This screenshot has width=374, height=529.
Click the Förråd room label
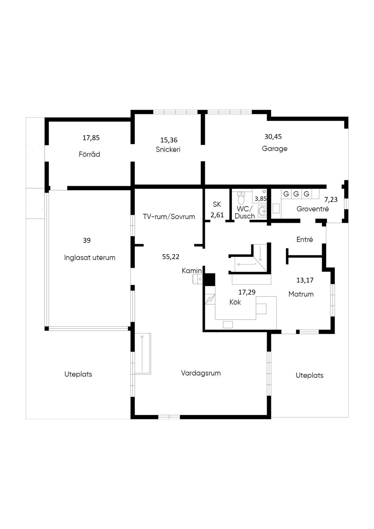click(89, 154)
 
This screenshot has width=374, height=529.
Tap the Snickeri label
click(168, 149)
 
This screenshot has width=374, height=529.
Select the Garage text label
click(275, 149)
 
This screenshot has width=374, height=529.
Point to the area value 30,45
click(273, 137)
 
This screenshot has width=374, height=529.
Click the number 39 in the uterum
click(87, 240)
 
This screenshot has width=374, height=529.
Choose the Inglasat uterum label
click(90, 258)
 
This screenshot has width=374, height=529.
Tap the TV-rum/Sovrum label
click(169, 217)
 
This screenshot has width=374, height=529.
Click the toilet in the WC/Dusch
click(241, 198)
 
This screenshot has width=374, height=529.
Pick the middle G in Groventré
click(296, 194)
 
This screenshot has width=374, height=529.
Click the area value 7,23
click(331, 199)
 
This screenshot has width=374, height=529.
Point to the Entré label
click(305, 239)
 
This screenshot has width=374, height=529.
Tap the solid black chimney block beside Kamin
click(209, 279)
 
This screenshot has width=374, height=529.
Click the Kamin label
click(192, 271)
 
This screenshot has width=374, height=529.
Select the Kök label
click(235, 302)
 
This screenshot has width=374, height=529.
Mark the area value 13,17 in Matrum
click(305, 280)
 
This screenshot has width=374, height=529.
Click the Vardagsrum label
click(201, 373)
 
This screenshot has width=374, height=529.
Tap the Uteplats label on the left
click(78, 374)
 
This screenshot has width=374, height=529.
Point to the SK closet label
click(217, 204)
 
